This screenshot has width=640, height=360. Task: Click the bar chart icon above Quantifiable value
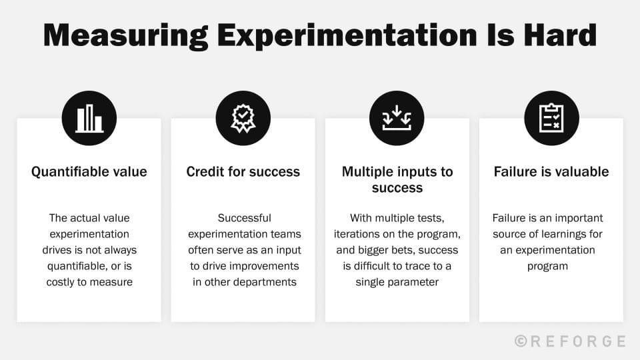pos(89,119)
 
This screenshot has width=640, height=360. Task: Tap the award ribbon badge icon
pos(243,119)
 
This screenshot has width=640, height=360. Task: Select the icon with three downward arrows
pos(397,119)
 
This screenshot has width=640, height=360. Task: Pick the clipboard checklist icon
pos(551,119)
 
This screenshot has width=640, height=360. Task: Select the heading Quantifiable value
pos(89,172)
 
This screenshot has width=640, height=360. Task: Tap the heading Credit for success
pos(243,172)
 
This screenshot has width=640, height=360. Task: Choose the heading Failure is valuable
pos(551,172)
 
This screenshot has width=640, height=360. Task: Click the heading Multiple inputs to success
pos(397,180)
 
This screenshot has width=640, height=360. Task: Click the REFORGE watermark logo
pos(577,341)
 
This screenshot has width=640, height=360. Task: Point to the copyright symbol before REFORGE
pos(521,341)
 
